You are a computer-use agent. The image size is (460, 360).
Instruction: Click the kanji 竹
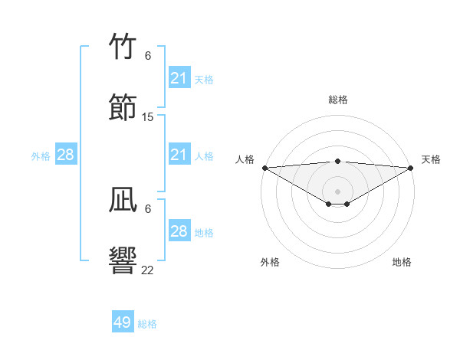point(123,46)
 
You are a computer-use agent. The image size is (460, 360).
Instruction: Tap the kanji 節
point(123,107)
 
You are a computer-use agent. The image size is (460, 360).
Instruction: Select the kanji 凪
point(123,201)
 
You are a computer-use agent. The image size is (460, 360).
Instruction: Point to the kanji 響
point(123,260)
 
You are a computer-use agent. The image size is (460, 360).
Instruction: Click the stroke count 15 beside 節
point(148,117)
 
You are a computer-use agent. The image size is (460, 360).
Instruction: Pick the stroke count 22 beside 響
point(148,270)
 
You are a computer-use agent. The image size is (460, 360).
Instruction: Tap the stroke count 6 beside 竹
point(148,55)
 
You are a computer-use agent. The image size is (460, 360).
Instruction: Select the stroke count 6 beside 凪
point(148,208)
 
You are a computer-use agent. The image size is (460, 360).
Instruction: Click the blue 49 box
point(123,322)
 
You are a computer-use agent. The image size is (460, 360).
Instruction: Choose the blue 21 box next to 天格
point(179,78)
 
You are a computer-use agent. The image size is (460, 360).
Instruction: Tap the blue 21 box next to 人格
point(179,155)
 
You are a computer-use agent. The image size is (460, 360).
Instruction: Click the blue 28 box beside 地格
point(179,231)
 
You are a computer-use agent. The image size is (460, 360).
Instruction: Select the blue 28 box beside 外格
point(66,155)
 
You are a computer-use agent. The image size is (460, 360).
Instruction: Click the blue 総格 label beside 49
point(147,324)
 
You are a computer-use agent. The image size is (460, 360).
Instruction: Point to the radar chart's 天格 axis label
point(431,159)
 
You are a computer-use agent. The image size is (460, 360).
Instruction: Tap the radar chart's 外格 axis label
point(270,262)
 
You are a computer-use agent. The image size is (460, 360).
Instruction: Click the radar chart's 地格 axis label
point(402,262)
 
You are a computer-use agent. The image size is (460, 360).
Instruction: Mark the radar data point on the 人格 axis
point(264,168)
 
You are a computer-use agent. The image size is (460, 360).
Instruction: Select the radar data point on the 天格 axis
point(411,168)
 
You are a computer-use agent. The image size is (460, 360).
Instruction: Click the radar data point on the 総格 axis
point(337,161)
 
